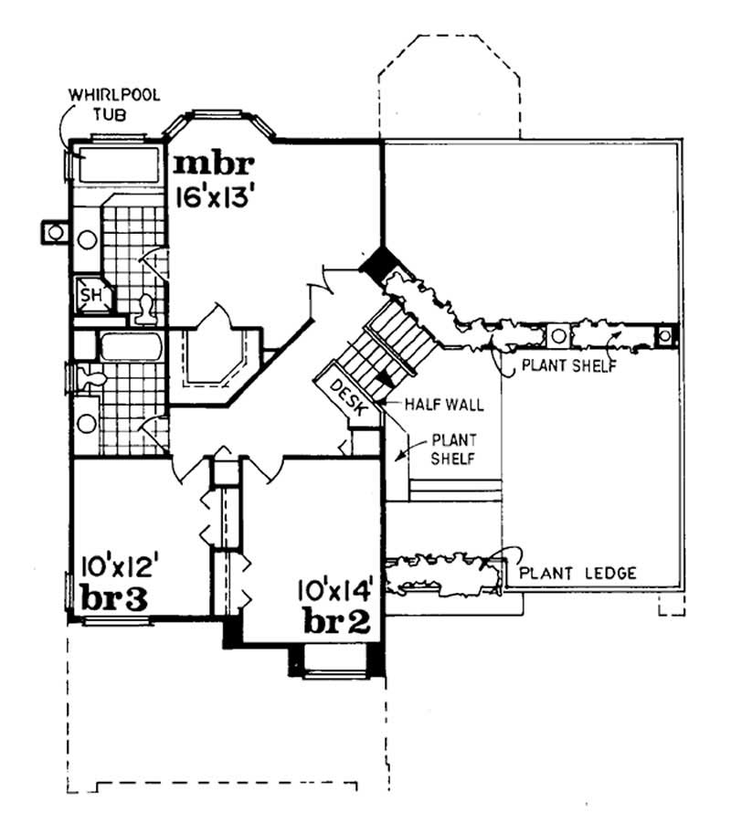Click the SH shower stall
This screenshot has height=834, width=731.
click(x=91, y=294)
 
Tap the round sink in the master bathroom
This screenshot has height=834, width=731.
click(x=88, y=239)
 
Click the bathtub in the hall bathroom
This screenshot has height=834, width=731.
click(x=131, y=348)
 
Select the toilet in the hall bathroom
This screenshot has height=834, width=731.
click(x=91, y=375)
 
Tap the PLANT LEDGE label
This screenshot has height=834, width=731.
click(x=577, y=574)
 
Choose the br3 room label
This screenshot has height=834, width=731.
click(x=113, y=597)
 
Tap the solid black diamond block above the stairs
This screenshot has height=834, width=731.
click(x=376, y=263)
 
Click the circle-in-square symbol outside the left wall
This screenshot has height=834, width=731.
click(x=56, y=232)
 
